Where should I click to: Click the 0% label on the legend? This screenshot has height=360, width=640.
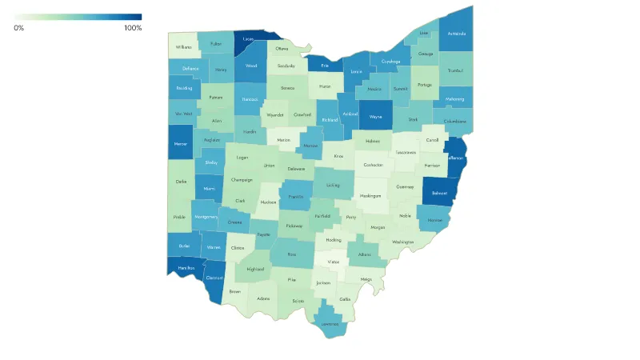[19, 28]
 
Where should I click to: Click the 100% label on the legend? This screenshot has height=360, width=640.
[133, 28]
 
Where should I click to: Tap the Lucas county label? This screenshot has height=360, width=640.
[248, 38]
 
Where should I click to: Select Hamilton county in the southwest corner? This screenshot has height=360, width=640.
[186, 268]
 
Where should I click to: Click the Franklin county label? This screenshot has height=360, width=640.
[296, 196]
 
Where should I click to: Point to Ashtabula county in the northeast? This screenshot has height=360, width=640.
[456, 34]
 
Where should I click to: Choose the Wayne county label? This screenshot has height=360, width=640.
[375, 116]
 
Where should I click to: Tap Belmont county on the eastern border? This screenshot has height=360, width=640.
[439, 193]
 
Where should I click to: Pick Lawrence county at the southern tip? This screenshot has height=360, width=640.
[330, 325]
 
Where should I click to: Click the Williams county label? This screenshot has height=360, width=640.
[184, 47]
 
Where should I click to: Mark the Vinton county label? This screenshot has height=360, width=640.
[334, 262]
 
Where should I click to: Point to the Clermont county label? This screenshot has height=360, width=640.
[214, 278]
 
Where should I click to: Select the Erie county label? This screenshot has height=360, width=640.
[325, 66]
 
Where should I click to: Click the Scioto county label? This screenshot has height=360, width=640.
[298, 301]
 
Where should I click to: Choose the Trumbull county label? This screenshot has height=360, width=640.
[456, 70]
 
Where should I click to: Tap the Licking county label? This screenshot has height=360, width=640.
[334, 185]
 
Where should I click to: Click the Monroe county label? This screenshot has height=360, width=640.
[434, 220]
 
